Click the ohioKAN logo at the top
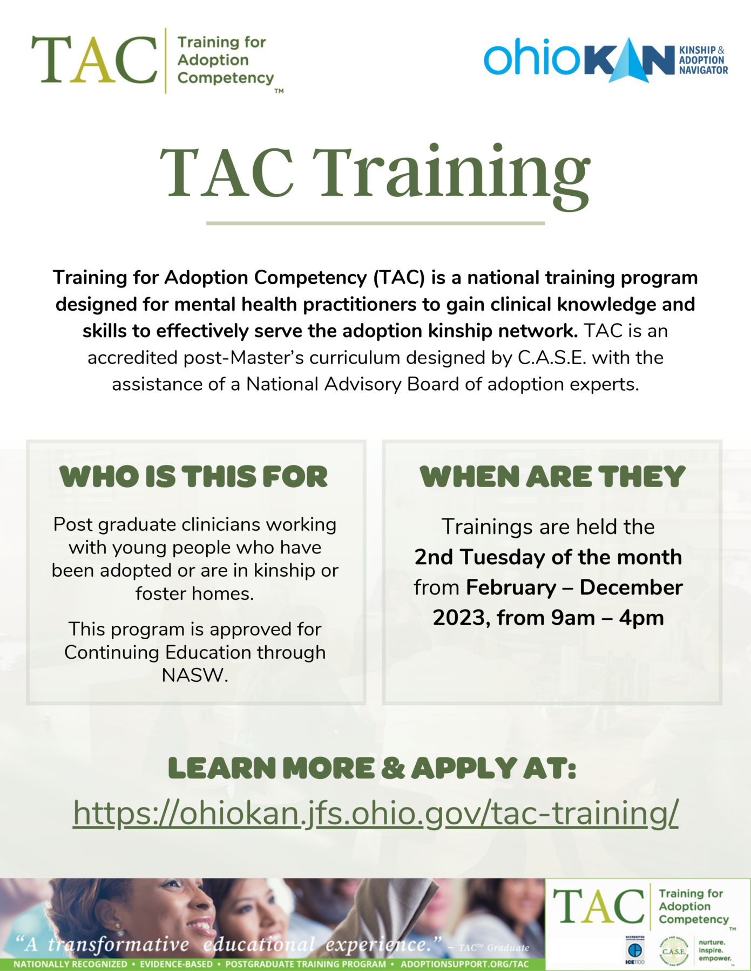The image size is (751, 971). [605, 59]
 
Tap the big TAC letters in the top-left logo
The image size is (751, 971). [94, 60]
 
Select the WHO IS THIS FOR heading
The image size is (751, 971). [194, 477]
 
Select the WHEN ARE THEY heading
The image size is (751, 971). [552, 477]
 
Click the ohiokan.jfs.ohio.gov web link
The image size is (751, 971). [375, 813]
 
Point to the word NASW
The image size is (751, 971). [194, 675]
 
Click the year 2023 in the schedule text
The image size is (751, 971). [459, 618]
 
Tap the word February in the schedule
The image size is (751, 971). [511, 587]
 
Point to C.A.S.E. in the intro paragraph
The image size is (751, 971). [552, 358]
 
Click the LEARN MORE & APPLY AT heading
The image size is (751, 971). [372, 768]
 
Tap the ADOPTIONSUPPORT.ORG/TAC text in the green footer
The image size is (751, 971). [465, 964]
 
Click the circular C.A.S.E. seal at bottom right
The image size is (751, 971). [674, 952]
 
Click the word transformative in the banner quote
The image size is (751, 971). [118, 945]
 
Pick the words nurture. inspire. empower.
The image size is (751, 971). [714, 951]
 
